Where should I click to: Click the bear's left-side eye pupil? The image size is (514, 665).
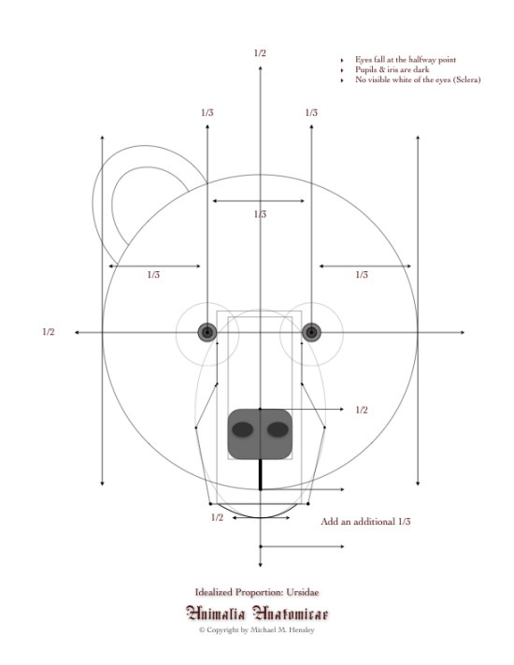[207, 333]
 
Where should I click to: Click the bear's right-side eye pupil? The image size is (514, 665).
[311, 333]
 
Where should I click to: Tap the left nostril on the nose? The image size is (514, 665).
[243, 429]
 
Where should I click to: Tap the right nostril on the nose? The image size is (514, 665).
[278, 429]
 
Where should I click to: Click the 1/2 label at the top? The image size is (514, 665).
[260, 53]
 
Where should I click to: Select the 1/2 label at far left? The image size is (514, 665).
[49, 332]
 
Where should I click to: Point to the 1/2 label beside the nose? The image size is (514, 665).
[362, 410]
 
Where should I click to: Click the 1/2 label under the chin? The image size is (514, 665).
[217, 517]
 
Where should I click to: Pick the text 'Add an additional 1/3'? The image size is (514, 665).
[365, 522]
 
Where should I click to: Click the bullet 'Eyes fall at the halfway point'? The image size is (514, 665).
[406, 60]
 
